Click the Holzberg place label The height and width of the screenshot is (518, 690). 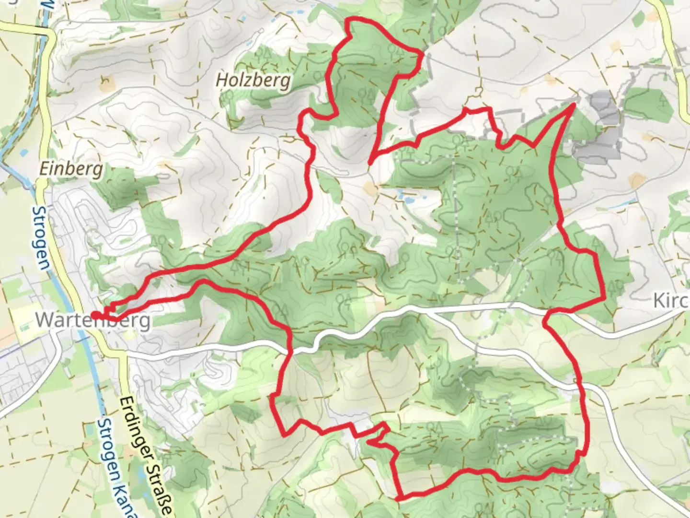click(x=253, y=80)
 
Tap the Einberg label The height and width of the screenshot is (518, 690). click(x=71, y=169)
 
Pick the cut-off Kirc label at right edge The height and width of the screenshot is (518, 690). click(x=671, y=301)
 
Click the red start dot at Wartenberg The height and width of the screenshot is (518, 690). click(x=95, y=315)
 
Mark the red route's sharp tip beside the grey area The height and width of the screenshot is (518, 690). click(x=573, y=105)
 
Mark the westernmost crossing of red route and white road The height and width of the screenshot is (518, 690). click(x=290, y=352)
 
